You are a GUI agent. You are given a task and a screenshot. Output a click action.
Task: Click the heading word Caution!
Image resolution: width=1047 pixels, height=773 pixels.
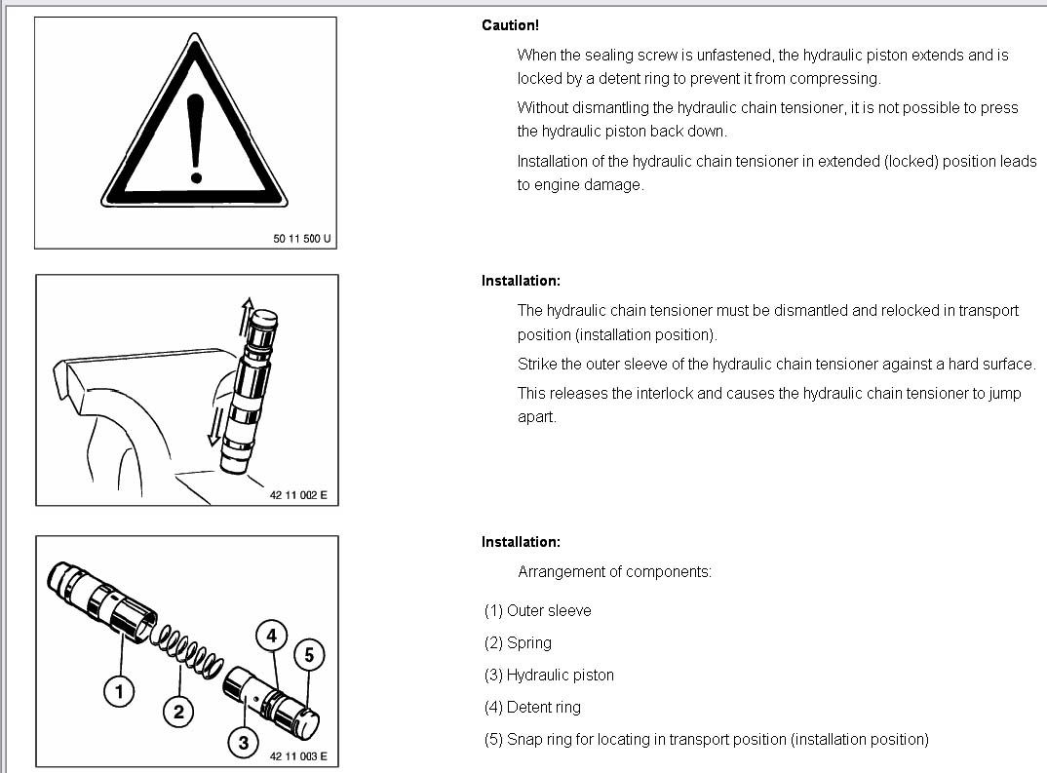pyautogui.click(x=510, y=25)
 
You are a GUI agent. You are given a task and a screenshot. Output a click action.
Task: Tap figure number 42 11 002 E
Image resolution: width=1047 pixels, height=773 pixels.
pyautogui.click(x=298, y=495)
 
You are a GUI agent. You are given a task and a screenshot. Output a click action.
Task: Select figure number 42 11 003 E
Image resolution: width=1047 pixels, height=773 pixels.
pyautogui.click(x=298, y=755)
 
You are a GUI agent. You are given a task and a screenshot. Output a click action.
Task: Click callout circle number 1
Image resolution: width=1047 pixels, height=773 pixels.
pyautogui.click(x=119, y=692)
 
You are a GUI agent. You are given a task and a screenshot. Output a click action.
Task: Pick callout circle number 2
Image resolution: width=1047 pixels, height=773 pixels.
pyautogui.click(x=178, y=712)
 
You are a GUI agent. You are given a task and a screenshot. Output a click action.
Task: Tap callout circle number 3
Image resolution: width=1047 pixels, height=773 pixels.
pyautogui.click(x=243, y=743)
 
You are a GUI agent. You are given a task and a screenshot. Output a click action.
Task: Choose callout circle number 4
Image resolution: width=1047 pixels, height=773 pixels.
pyautogui.click(x=271, y=637)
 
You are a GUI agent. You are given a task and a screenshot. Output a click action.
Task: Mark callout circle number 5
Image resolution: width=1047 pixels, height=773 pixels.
pyautogui.click(x=308, y=655)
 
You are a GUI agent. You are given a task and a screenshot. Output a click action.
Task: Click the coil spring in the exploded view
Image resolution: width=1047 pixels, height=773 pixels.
pyautogui.click(x=190, y=649)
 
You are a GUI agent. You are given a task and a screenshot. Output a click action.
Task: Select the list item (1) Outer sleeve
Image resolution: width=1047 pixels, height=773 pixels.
pyautogui.click(x=537, y=611)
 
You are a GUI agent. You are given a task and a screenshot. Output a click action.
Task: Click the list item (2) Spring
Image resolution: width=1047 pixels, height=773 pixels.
pyautogui.click(x=518, y=643)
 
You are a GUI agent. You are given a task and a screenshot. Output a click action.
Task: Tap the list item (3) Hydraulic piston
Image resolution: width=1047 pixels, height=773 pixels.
pyautogui.click(x=549, y=676)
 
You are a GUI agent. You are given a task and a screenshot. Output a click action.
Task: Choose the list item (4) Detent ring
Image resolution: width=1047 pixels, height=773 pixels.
pyautogui.click(x=532, y=708)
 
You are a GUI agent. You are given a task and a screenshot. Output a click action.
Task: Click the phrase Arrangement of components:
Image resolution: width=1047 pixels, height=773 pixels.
pyautogui.click(x=614, y=572)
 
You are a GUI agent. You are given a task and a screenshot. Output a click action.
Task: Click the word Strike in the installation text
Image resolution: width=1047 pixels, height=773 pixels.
pyautogui.click(x=537, y=365)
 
